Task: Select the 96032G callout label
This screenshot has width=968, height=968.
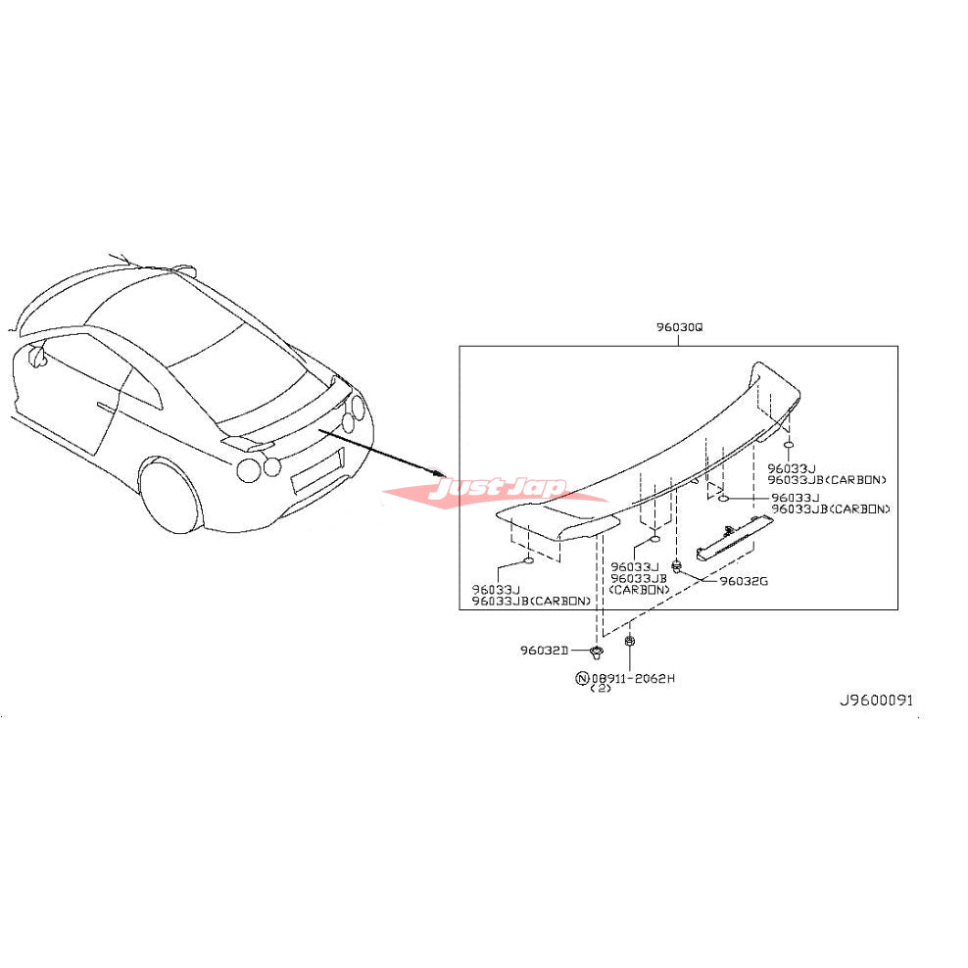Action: pyautogui.click(x=744, y=581)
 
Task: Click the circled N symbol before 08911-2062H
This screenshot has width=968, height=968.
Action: pyautogui.click(x=583, y=678)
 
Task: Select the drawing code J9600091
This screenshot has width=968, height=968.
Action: pyautogui.click(x=874, y=700)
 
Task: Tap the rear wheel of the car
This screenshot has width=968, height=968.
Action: pyautogui.click(x=171, y=498)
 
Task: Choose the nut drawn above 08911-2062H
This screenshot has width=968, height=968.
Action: pyautogui.click(x=629, y=642)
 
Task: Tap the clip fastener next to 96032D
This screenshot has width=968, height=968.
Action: pyautogui.click(x=596, y=651)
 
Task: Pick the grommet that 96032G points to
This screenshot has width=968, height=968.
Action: pyautogui.click(x=677, y=564)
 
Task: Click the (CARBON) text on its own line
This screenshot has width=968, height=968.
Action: pyautogui.click(x=638, y=590)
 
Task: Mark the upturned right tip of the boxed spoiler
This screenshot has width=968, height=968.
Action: pyautogui.click(x=764, y=377)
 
